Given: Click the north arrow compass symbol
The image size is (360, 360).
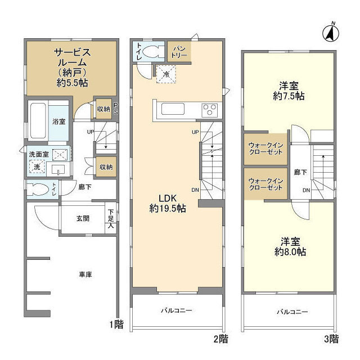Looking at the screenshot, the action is click(331, 33).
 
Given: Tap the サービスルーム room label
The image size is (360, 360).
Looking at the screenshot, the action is click(73, 57).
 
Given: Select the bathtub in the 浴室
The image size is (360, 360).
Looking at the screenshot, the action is click(38, 121).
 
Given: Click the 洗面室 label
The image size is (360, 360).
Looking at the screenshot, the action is click(39, 154).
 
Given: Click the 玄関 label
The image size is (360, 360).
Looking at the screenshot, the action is click(83, 218).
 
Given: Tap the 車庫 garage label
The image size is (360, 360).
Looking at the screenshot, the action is click(85, 274).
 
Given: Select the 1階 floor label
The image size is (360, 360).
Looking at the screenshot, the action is click(116, 325).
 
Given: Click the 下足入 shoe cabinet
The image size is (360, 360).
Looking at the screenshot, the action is click(111, 218).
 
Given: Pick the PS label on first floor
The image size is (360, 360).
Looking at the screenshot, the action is click(116, 109).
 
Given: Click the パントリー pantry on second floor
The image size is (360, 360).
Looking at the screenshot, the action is click(179, 52).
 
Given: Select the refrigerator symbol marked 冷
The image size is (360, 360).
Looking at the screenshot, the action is click(166, 74).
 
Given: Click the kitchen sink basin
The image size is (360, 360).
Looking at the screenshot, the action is click(173, 109).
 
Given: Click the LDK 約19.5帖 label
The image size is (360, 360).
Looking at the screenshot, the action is click(168, 204).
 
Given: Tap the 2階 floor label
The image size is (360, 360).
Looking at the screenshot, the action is click(221, 339).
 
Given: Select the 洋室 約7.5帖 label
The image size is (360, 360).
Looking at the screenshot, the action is click(289, 91).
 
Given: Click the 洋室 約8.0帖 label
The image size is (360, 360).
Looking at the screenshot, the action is click(290, 247).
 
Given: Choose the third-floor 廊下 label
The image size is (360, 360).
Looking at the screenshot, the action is click(300, 172).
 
